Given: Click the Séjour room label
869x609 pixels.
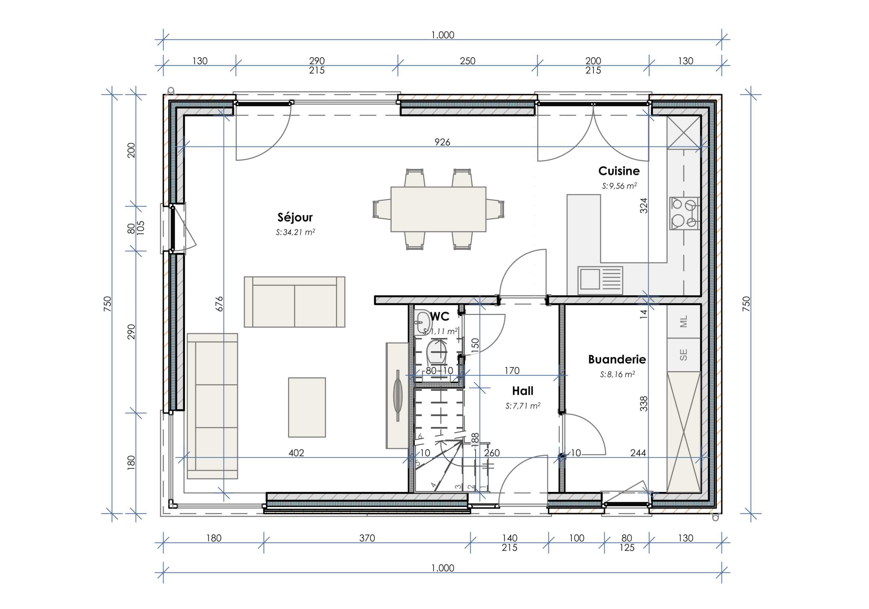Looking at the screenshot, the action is (295, 217).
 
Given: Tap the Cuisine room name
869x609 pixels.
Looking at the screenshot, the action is (619, 171).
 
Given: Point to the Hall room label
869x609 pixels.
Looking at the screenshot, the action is (523, 391).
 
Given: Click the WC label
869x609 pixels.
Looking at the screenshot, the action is (440, 316).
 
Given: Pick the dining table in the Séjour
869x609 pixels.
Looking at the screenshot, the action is (438, 209).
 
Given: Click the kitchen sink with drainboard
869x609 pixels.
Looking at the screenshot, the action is (600, 280).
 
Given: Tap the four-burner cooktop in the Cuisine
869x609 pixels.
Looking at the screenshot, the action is (685, 213).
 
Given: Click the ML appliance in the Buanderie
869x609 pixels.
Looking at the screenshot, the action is (684, 321).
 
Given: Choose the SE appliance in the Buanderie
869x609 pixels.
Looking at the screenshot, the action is (684, 355).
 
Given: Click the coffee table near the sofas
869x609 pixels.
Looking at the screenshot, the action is (307, 407).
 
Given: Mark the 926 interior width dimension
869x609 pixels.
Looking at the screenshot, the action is (442, 142).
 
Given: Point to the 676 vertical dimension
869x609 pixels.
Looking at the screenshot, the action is (219, 304).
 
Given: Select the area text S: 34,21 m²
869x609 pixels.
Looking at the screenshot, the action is (295, 232).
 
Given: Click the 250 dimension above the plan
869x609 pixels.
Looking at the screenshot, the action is (467, 61).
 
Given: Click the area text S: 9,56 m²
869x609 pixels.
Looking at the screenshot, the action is (619, 185).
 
